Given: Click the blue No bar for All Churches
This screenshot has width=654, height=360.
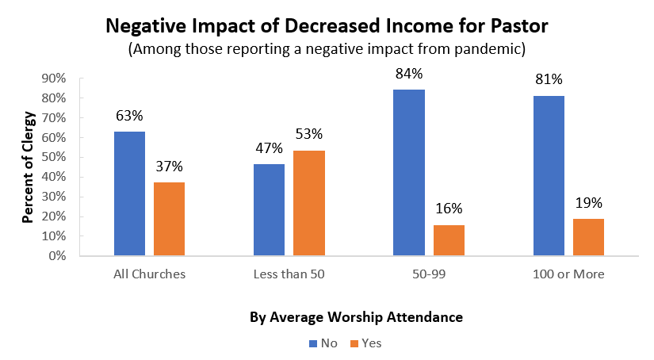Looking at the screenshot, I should pyautogui.click(x=129, y=193).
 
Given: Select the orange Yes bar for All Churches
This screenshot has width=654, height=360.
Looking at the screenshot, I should pyautogui.click(x=170, y=219).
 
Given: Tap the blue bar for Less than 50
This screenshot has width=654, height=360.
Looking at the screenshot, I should pyautogui.click(x=269, y=209).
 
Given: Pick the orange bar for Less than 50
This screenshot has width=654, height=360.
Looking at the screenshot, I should pyautogui.click(x=309, y=203).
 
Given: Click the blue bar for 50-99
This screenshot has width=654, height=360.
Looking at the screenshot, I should pyautogui.click(x=409, y=173).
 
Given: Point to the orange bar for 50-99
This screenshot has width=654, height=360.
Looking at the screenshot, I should pyautogui.click(x=449, y=240).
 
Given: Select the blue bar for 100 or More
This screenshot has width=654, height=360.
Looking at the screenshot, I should pyautogui.click(x=549, y=176).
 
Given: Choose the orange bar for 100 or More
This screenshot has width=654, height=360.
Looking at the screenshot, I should pyautogui.click(x=588, y=237).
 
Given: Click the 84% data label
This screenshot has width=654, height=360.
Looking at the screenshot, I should pyautogui.click(x=409, y=75).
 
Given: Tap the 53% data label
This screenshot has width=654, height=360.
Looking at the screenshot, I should pyautogui.click(x=309, y=135).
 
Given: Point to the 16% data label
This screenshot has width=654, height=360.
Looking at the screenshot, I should pyautogui.click(x=449, y=209).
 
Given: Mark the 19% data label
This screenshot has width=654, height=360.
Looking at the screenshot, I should pyautogui.click(x=588, y=203).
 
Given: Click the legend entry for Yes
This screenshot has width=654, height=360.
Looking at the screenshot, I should pyautogui.click(x=365, y=343).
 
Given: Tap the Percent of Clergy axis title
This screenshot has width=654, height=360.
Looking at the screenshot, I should pyautogui.click(x=28, y=167).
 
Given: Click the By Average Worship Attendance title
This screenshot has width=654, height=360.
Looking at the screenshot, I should pyautogui.click(x=356, y=317).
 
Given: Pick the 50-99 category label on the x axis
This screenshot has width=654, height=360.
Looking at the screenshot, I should pyautogui.click(x=429, y=274).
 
